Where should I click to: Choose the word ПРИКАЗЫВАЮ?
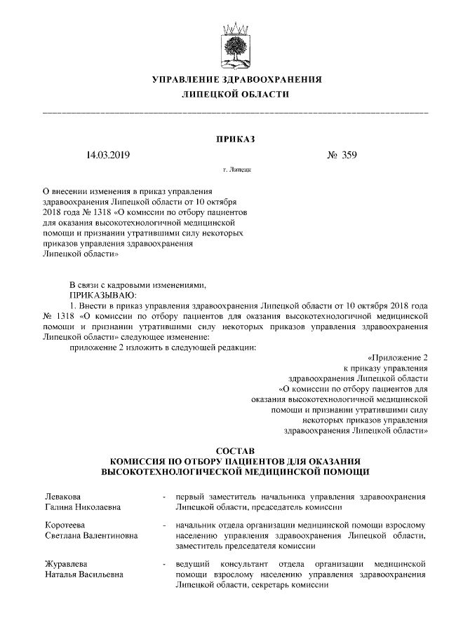point(100,296)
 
